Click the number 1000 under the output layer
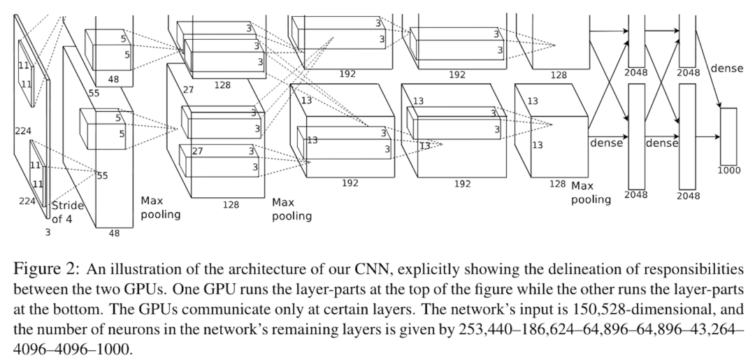[728, 170]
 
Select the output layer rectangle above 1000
[728, 136]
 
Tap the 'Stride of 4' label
[68, 212]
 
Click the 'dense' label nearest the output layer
[726, 69]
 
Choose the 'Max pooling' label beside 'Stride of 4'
[161, 208]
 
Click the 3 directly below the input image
[48, 233]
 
